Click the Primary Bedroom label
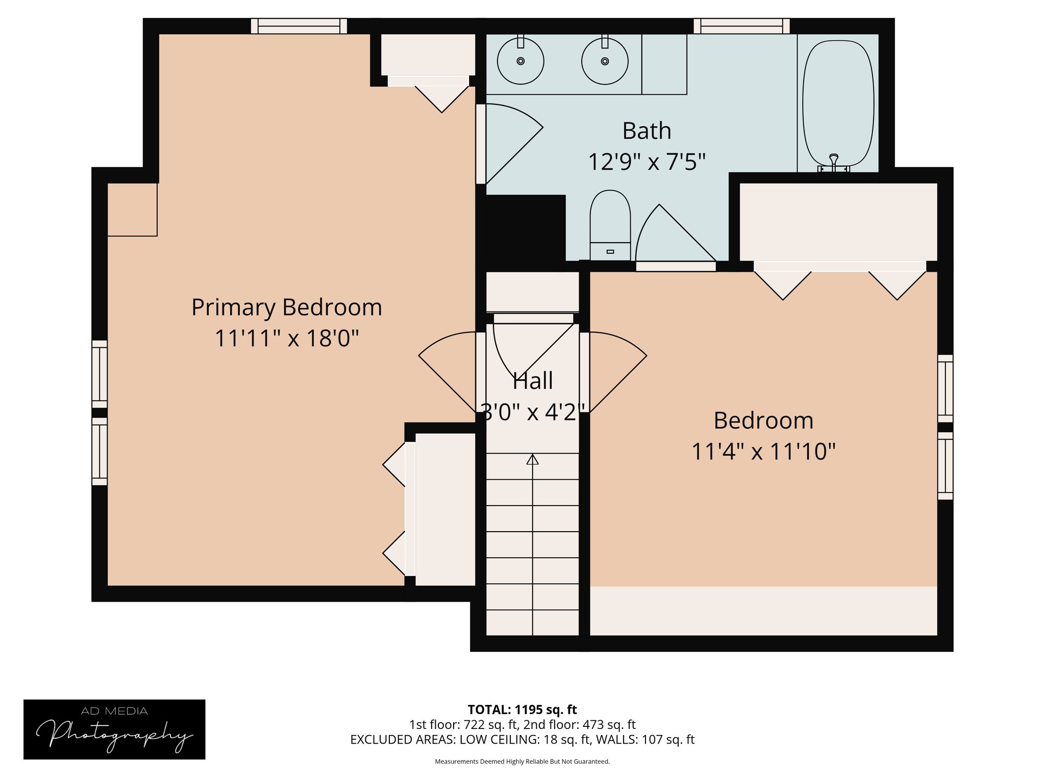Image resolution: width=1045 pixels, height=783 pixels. (x=286, y=307)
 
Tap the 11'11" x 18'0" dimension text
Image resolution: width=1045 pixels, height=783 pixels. (x=286, y=338)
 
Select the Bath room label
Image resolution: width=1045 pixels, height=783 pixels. (x=646, y=131)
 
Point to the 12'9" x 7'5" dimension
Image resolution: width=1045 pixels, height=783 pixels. (x=646, y=163)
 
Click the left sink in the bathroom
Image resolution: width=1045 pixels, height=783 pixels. (x=520, y=61)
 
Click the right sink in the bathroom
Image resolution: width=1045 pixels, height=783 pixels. (x=605, y=61)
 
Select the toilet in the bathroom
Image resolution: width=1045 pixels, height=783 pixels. (x=610, y=224)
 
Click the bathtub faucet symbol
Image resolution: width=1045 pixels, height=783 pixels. (x=834, y=162)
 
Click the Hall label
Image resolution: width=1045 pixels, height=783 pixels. (x=532, y=381)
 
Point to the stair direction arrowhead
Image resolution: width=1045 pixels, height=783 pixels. (x=532, y=459)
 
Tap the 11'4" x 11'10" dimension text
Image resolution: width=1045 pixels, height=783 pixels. (x=763, y=452)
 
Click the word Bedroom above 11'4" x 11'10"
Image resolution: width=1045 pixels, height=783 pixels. (x=763, y=421)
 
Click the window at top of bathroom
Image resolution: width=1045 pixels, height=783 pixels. (x=741, y=25)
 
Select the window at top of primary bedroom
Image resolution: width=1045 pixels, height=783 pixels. (x=299, y=25)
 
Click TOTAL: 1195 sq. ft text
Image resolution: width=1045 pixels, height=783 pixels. (x=522, y=710)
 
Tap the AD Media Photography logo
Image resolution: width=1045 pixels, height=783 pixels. (x=114, y=729)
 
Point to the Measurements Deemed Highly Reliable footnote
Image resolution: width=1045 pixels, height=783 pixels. (x=522, y=762)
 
